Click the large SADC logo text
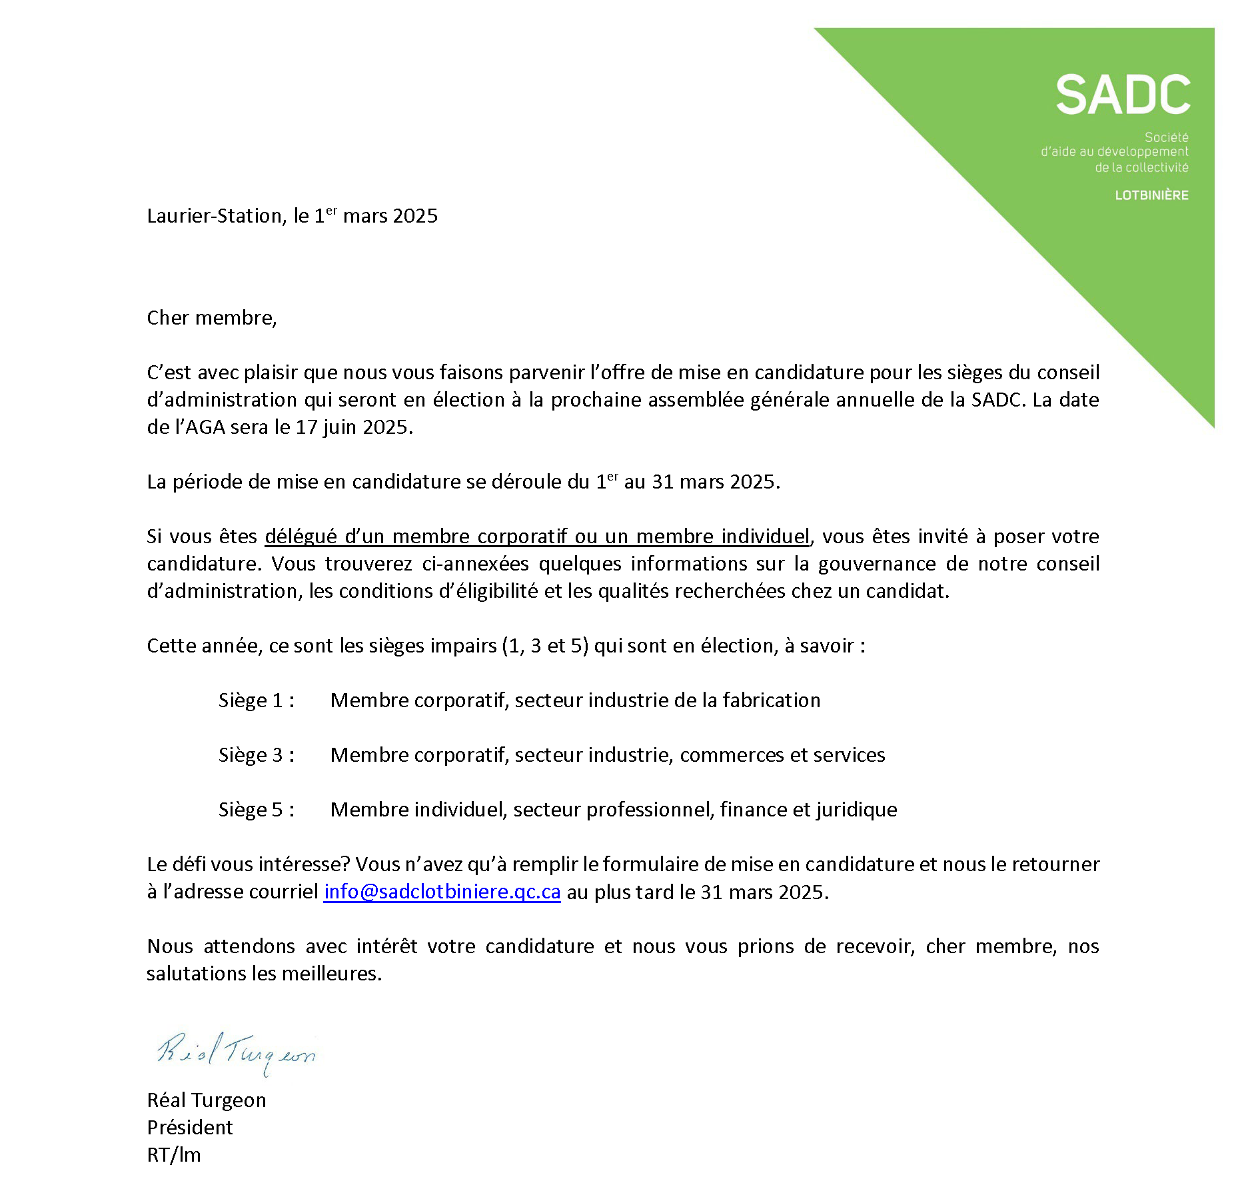pos(1123,95)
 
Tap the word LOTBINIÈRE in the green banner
pos(1151,195)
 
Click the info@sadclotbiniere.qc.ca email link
pos(442,892)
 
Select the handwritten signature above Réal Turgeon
pos(236,1052)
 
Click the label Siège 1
pos(256,700)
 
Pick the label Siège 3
pos(256,755)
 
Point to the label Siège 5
pos(256,810)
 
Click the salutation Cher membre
pos(211,318)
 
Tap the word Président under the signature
pos(190,1128)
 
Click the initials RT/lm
pos(174,1155)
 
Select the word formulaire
pos(650,864)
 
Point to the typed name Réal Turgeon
pos(207,1100)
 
